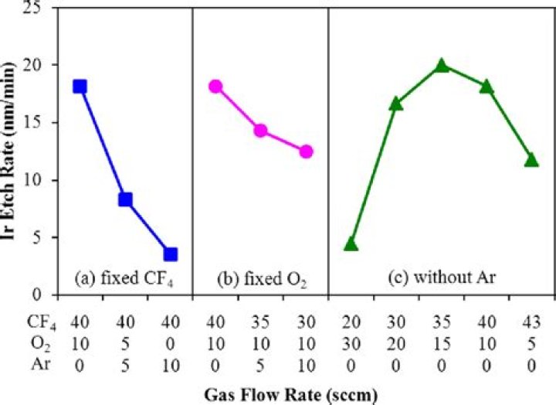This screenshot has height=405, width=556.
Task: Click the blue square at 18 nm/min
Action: tap(80, 86)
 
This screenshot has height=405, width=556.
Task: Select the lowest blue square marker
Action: tap(170, 254)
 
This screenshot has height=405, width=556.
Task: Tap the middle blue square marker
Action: tap(125, 199)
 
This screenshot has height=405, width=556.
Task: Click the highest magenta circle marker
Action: tap(215, 86)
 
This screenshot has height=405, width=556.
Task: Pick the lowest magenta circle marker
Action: tap(306, 151)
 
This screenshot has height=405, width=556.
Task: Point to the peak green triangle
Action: tap(442, 66)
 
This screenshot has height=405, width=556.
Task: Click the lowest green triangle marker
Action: tap(351, 244)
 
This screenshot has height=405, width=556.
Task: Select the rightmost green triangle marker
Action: tap(531, 160)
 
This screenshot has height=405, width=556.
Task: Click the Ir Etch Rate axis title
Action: tap(15, 151)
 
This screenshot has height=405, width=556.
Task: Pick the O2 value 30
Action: tap(351, 339)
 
